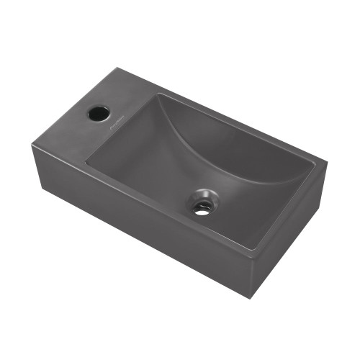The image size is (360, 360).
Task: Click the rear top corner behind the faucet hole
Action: (115, 68)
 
